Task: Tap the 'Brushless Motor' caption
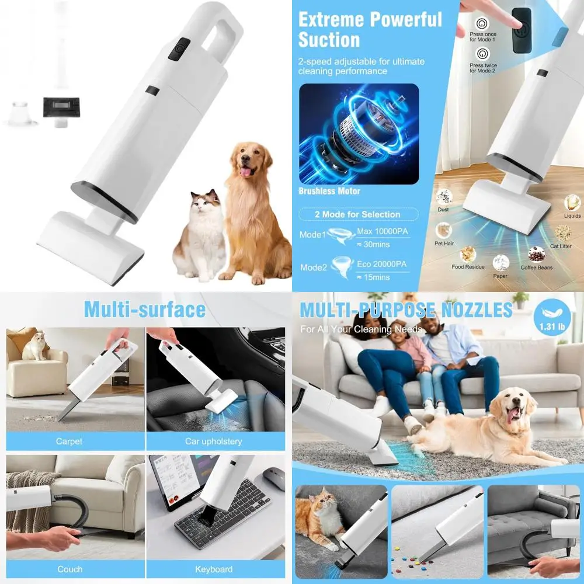[x=329, y=191]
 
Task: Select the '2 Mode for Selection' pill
[x=357, y=214]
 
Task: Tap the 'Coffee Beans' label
[x=536, y=267]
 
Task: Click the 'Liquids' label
[x=572, y=215]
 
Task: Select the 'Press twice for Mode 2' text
[x=483, y=68]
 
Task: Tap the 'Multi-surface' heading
[x=144, y=309]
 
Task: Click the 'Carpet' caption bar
[x=69, y=441]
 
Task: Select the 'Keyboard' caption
[x=214, y=569]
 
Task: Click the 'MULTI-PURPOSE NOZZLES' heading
[x=406, y=310]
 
